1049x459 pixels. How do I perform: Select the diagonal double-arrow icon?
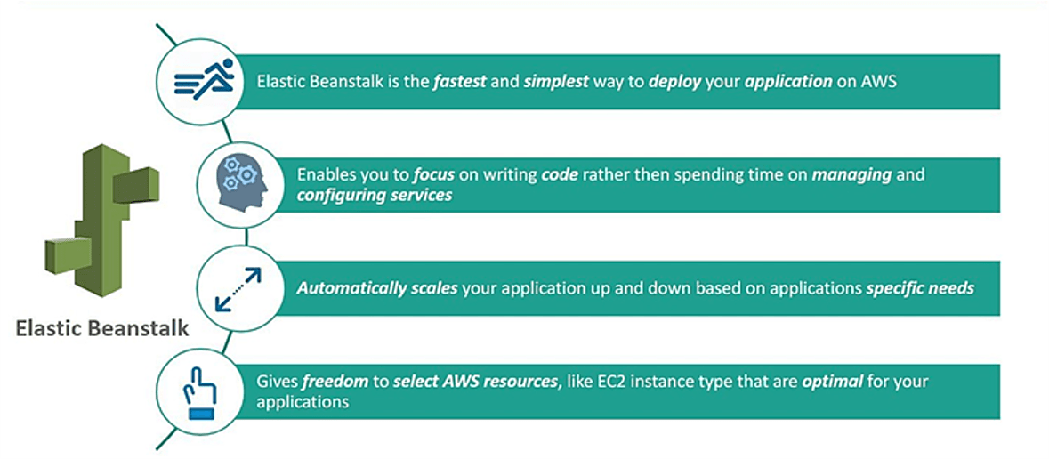click(x=238, y=288)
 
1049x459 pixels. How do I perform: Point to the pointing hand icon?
click(x=200, y=391)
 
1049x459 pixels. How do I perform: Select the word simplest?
click(x=556, y=81)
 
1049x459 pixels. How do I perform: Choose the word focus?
click(x=433, y=174)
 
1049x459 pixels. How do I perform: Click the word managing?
click(x=851, y=174)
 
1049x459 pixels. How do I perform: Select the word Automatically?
click(x=351, y=288)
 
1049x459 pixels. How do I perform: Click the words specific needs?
click(x=920, y=288)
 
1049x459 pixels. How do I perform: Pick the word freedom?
click(x=335, y=382)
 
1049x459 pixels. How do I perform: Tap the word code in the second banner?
click(x=560, y=174)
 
